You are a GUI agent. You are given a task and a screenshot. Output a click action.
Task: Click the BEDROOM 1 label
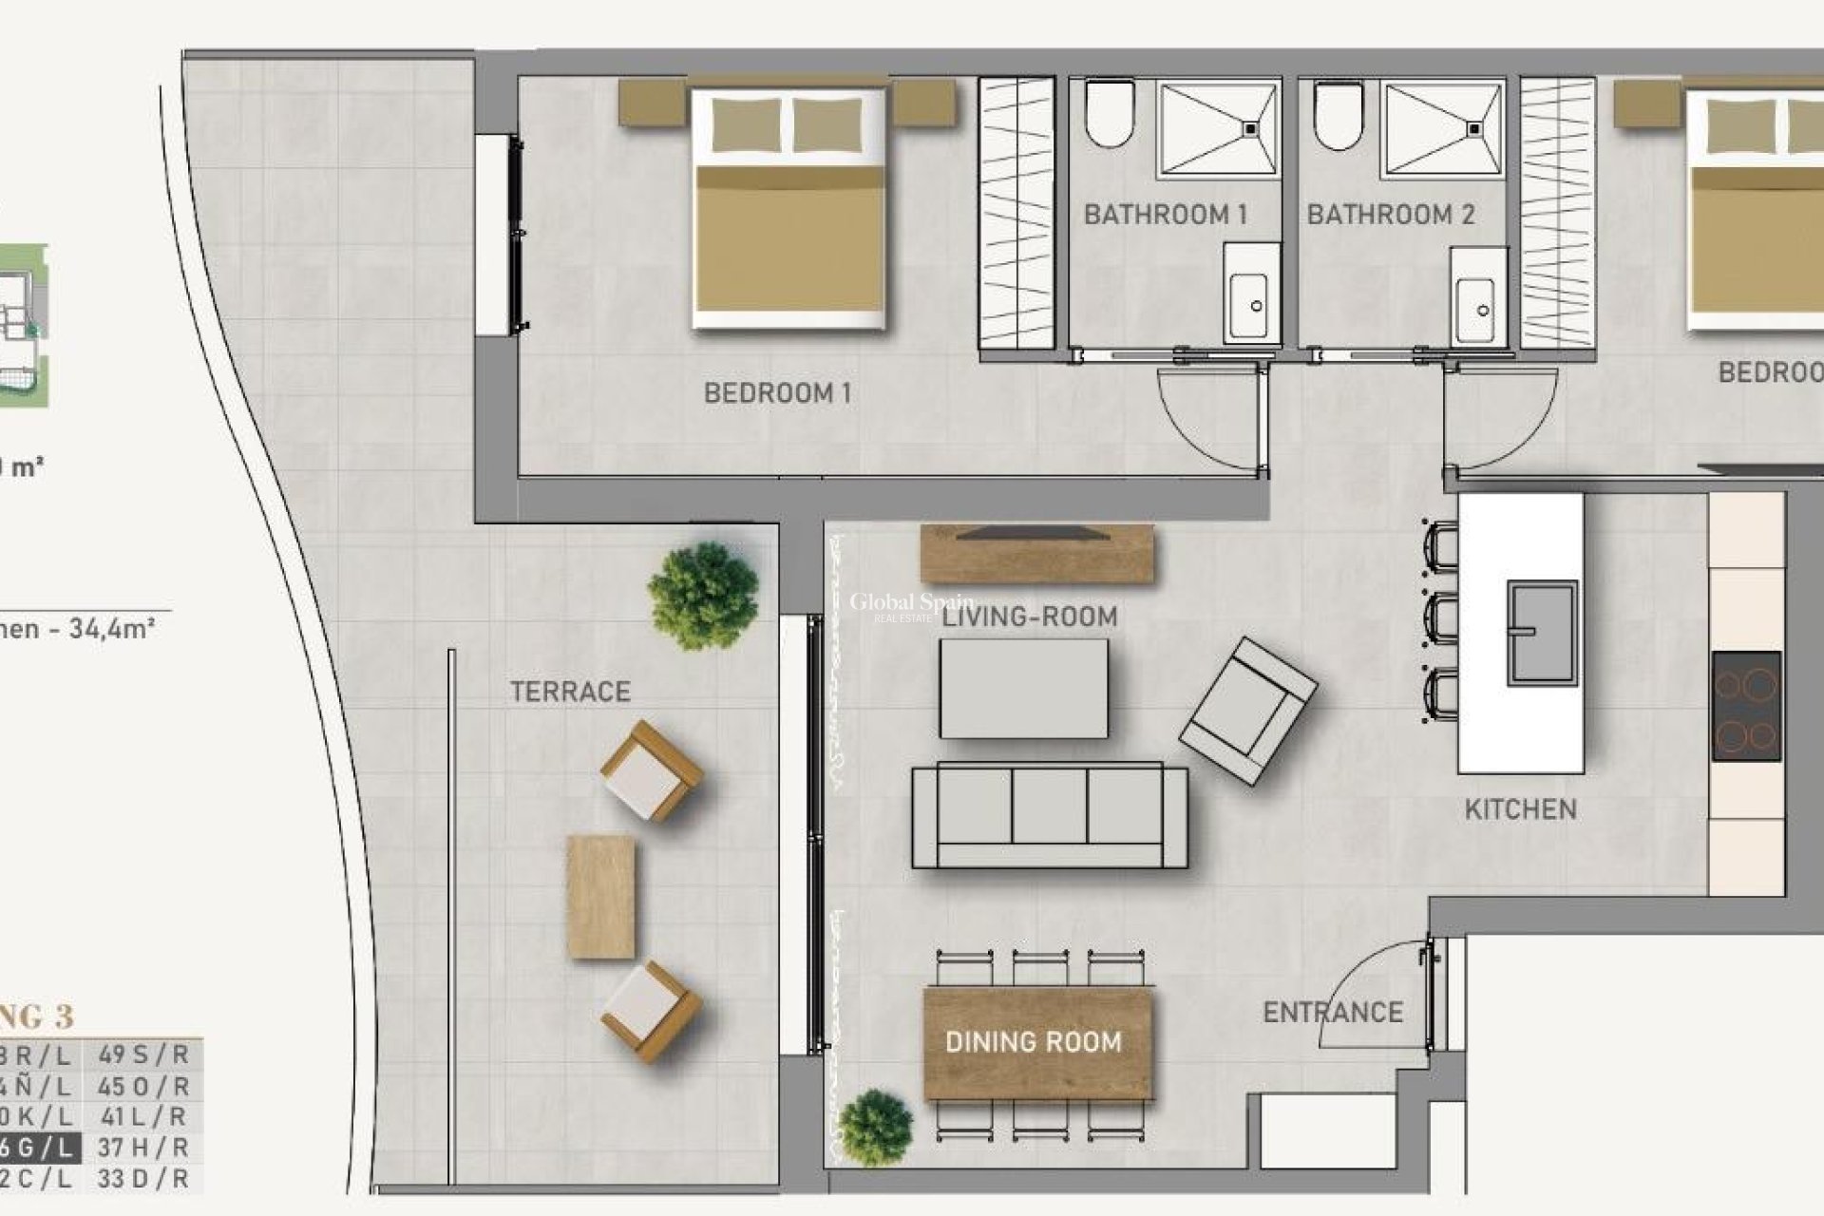[777, 392]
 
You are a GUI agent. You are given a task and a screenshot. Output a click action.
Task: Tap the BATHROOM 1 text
[1165, 215]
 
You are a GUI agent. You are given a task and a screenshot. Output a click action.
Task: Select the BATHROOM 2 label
[1390, 215]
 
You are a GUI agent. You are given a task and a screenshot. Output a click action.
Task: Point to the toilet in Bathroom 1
[1110, 114]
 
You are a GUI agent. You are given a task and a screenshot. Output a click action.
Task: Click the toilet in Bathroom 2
[1338, 114]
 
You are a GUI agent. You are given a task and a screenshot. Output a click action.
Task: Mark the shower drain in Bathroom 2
[1475, 126]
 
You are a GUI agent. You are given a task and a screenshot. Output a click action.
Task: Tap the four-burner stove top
[1746, 706]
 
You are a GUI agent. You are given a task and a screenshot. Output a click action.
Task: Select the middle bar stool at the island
[1441, 618]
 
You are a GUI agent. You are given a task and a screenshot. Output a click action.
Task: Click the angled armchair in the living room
[1248, 710]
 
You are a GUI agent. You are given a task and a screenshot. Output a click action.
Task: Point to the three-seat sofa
[1049, 814]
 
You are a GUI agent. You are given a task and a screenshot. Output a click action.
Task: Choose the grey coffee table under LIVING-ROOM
[1023, 688]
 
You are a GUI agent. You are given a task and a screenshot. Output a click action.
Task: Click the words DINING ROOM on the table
[1033, 1042]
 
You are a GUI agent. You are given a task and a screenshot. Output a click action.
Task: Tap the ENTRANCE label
[1332, 1013]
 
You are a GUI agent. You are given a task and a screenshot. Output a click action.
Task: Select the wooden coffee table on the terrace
[600, 897]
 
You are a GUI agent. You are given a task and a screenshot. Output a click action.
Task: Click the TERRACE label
[570, 692]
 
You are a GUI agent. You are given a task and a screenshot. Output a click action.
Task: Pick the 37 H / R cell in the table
[143, 1148]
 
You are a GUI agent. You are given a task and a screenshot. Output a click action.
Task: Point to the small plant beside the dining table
[876, 1128]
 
